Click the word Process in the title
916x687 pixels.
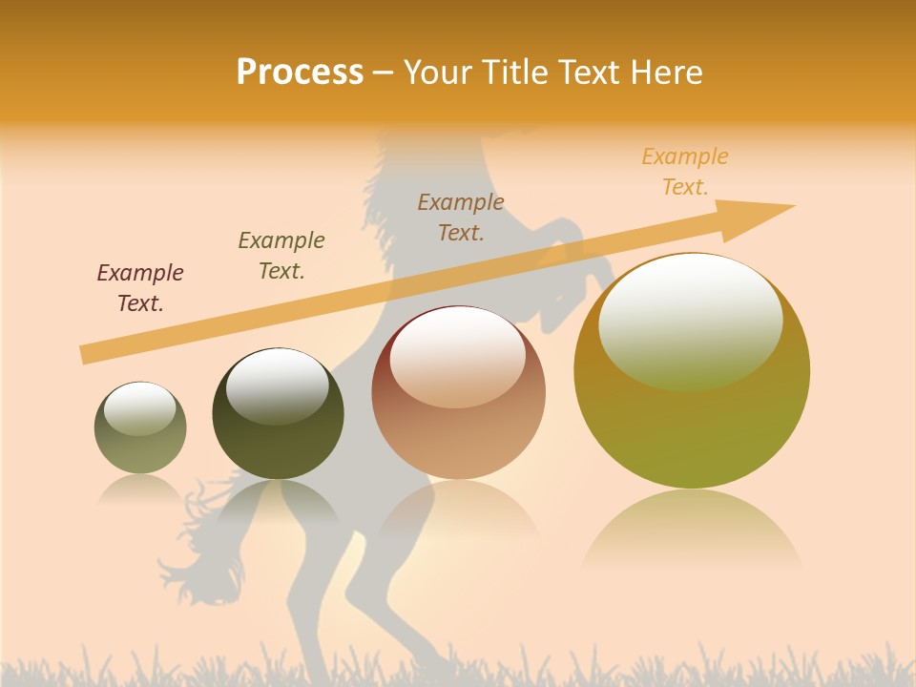300,72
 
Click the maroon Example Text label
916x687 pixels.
140,287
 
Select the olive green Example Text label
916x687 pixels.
281,255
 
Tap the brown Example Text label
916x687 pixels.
461,217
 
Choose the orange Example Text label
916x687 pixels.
685,171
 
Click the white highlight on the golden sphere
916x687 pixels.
690,320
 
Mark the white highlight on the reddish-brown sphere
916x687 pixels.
458,356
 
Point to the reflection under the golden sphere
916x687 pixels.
692,530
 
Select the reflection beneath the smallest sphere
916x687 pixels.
140,489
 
